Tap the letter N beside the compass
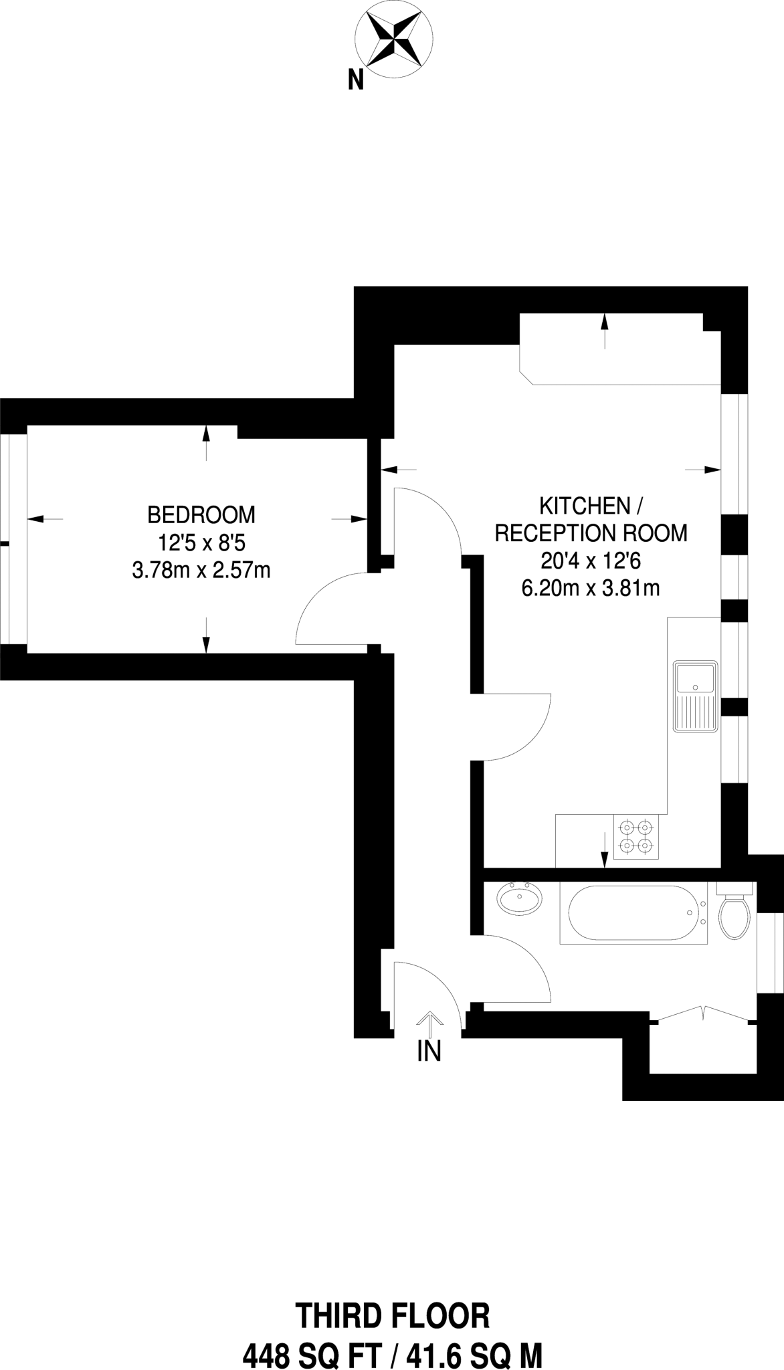(x=356, y=80)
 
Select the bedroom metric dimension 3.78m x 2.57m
(x=201, y=571)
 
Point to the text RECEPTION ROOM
(x=591, y=533)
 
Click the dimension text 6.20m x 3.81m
(x=591, y=588)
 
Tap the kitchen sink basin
(x=696, y=680)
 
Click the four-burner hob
(x=635, y=836)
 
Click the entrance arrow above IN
(x=429, y=1024)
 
